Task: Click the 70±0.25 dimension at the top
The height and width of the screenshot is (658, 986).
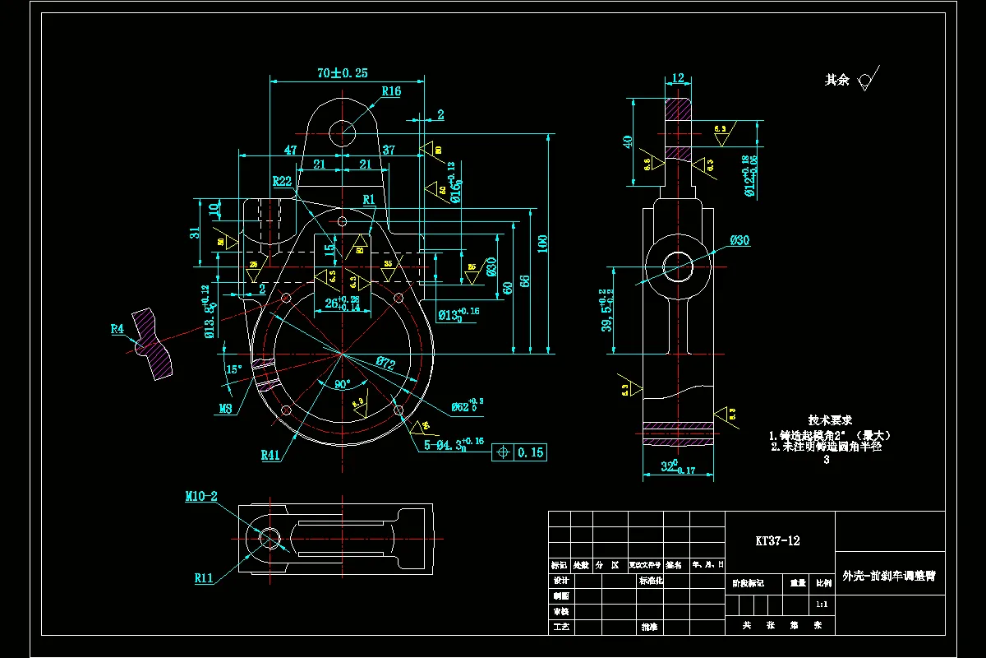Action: [x=342, y=73]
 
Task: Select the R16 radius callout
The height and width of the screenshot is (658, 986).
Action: [x=390, y=91]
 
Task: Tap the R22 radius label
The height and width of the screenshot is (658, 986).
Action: [x=283, y=181]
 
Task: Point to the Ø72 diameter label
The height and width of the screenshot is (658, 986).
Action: [x=387, y=363]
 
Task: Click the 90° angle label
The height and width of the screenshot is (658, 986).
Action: [x=341, y=384]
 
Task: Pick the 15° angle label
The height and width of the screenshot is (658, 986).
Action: [x=234, y=369]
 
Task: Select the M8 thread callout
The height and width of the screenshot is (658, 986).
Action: [x=226, y=408]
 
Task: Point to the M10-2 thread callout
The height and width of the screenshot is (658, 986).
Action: [x=201, y=496]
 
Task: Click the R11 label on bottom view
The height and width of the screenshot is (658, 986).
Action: [x=205, y=578]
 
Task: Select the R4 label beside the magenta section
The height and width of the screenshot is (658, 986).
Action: [x=117, y=329]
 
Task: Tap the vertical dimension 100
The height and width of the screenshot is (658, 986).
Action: [x=542, y=242]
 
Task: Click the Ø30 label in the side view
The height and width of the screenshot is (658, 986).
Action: [x=739, y=240]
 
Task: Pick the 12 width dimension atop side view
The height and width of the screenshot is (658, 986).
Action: [x=678, y=78]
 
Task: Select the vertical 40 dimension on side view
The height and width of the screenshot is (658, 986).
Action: [x=629, y=142]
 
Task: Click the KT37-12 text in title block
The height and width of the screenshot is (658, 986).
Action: [x=777, y=540]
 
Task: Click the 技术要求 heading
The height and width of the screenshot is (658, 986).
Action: [x=830, y=419]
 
